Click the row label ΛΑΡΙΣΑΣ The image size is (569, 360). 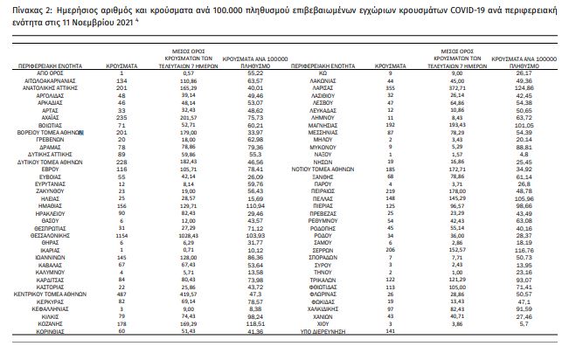[x=323, y=88]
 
